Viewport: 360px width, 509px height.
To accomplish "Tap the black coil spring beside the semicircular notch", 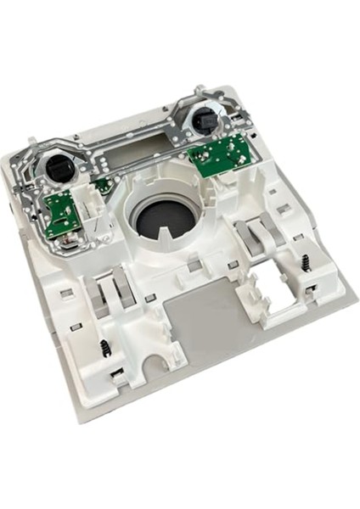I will coord(104,348).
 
